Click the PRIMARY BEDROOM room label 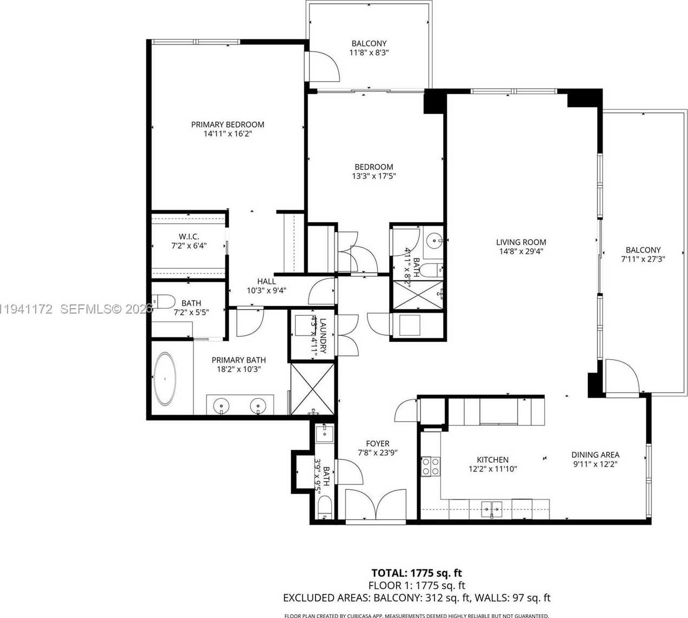(228, 124)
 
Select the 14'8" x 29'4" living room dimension (521, 251)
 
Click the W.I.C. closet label (189, 236)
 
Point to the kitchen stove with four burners (431, 466)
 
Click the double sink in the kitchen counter (492, 508)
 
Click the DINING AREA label (595, 455)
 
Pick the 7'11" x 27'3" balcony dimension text (643, 259)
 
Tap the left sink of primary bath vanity (222, 404)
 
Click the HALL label (266, 281)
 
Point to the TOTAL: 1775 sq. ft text (416, 573)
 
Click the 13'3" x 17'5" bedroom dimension (373, 176)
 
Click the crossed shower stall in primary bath (313, 389)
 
